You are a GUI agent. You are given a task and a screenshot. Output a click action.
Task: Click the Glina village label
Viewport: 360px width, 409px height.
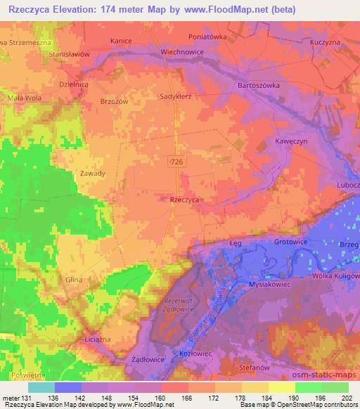73,280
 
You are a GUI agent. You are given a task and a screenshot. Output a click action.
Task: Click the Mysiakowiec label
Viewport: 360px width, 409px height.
270,285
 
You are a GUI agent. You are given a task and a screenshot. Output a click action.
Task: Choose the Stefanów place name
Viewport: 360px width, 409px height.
271,365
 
